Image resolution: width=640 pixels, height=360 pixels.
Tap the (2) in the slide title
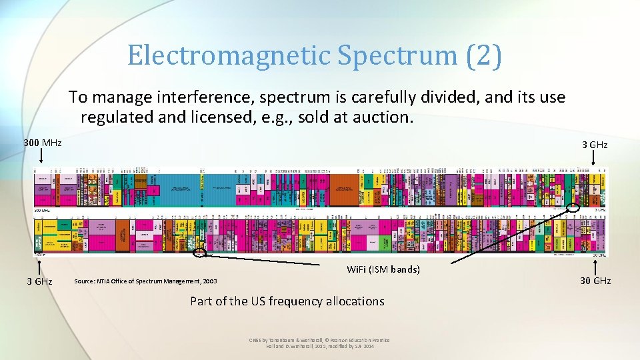coord(485,55)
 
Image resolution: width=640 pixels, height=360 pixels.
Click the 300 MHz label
coord(42,143)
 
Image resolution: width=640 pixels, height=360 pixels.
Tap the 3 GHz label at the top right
coord(594,144)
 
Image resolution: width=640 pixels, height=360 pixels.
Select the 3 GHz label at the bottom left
coord(39,281)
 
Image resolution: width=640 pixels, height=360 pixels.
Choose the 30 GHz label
coord(595,281)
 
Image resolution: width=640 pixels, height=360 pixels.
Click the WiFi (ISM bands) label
coord(383,269)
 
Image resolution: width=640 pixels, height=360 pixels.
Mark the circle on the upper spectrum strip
coord(573,207)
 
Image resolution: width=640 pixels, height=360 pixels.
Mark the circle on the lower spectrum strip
coord(199,253)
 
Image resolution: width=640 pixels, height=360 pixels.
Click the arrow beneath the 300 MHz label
coord(42,157)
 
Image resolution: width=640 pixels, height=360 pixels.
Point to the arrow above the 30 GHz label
coord(595,265)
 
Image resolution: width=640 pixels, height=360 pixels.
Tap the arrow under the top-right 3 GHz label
coord(594,158)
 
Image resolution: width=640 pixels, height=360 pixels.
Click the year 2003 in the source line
coord(210,281)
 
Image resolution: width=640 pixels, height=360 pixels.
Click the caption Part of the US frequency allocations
coord(287,301)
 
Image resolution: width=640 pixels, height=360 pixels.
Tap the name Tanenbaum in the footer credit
coord(284,341)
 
